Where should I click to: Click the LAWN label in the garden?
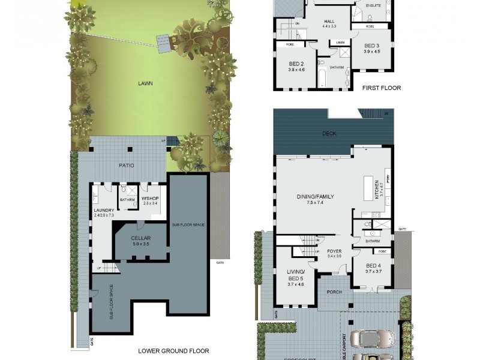click(145, 83)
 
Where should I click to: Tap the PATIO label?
click(127, 165)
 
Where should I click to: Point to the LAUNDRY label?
click(103, 210)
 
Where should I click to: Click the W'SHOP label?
click(149, 198)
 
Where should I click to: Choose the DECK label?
click(329, 134)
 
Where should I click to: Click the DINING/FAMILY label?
click(315, 196)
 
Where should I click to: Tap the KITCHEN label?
click(377, 190)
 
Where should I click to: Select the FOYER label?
click(334, 251)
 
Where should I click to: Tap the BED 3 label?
click(372, 46)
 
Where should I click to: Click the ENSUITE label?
click(373, 5)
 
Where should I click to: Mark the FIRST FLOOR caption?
click(382, 88)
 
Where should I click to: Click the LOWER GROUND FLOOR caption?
click(173, 351)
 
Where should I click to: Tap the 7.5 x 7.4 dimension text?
click(315, 203)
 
